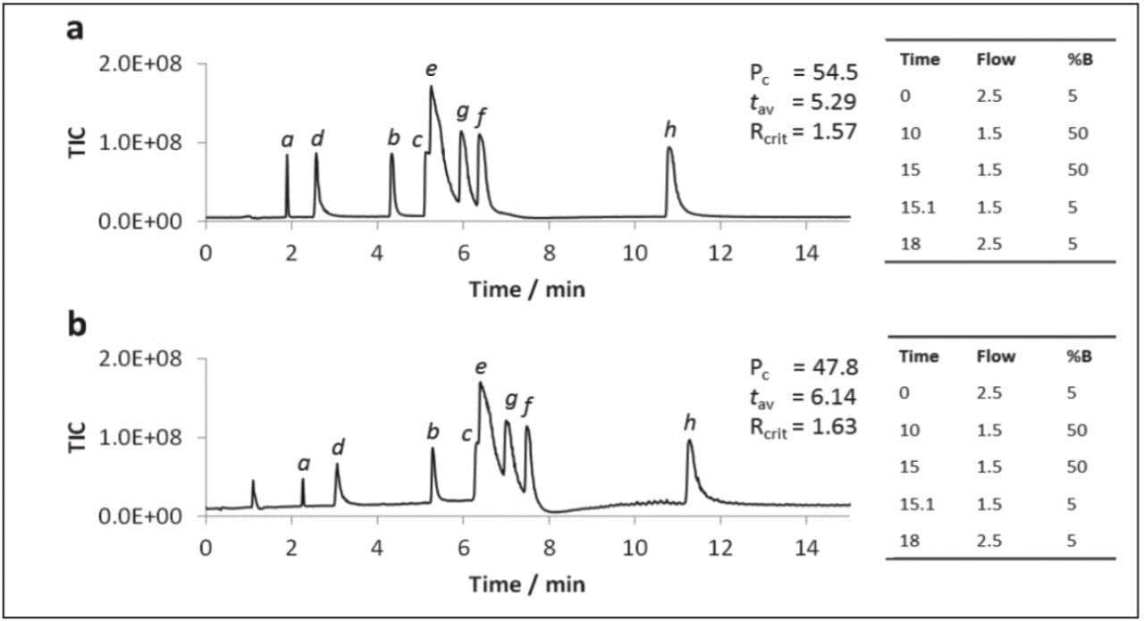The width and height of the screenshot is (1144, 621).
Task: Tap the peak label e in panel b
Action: pos(482,366)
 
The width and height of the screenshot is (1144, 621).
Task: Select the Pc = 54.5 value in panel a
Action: pos(803,72)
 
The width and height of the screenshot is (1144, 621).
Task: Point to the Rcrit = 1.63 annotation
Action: pos(803,426)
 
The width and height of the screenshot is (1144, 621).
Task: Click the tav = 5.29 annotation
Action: pos(803,102)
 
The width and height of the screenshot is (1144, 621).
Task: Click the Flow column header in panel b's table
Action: pos(996,356)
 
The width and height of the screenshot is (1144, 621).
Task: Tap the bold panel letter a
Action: pos(76,29)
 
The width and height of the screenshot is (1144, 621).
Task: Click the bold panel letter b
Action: pos(78,324)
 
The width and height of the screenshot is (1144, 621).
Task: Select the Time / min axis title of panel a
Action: pos(527,289)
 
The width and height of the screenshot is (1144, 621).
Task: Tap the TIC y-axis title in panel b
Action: pos(77,438)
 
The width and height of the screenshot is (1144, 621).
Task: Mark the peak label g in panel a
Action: pos(462,112)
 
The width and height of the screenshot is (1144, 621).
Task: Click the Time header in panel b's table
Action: pos(919,356)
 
